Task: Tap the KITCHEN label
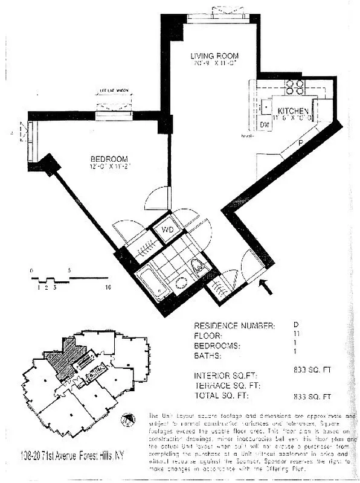(293, 111)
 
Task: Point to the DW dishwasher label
(265, 124)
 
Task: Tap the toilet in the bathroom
(198, 265)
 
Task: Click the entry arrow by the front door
(265, 287)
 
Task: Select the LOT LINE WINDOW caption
(115, 92)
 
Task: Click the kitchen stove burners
(294, 88)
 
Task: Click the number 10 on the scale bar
(108, 288)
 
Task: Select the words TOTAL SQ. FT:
(222, 397)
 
